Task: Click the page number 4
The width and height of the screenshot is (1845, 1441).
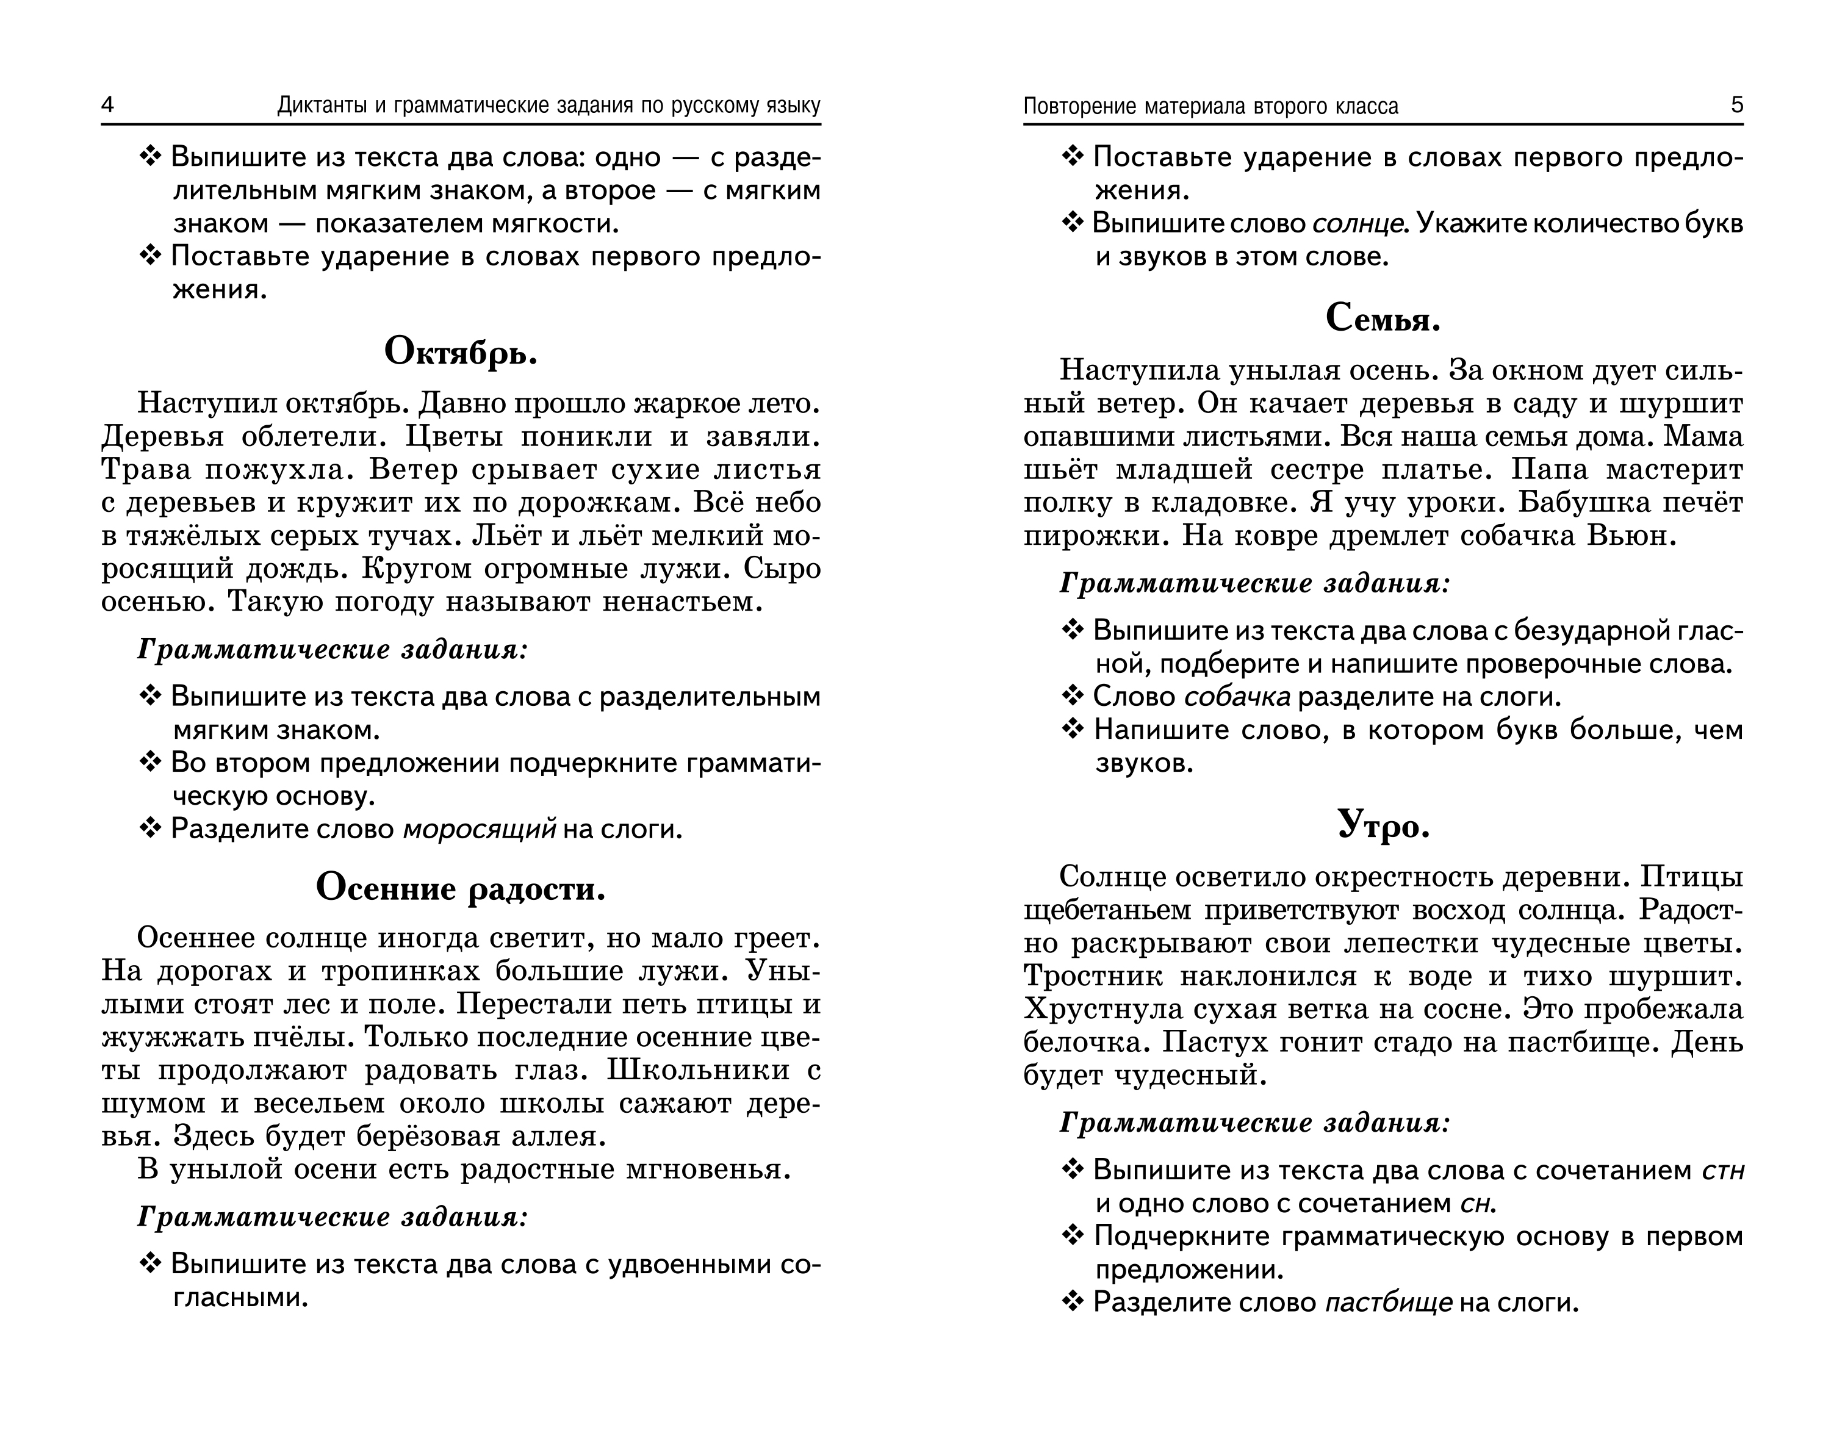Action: (107, 105)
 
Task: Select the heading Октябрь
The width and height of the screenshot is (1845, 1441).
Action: (461, 352)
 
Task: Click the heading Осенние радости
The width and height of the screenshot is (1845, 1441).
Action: (461, 888)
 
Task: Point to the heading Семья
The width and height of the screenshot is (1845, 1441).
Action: (1383, 318)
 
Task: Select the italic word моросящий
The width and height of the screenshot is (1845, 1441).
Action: (479, 830)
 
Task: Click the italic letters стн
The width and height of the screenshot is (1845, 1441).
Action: (1724, 1171)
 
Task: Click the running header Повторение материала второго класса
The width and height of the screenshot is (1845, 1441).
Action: (1210, 106)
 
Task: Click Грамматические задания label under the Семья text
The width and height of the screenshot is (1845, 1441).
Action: (1254, 584)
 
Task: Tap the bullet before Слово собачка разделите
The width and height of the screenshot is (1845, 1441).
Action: (1072, 697)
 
